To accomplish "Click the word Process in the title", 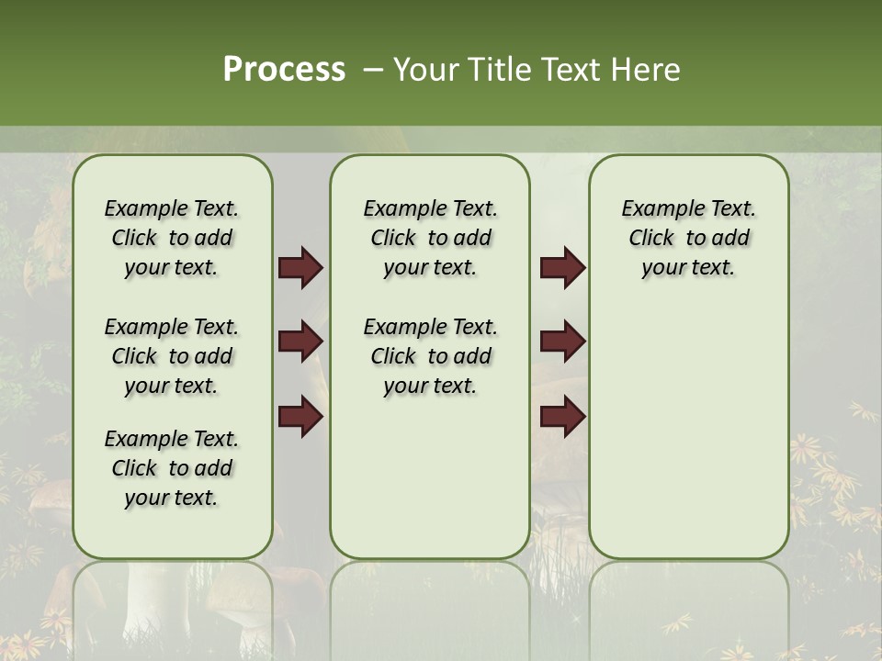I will pos(284,70).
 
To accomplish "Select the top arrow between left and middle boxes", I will pos(300,268).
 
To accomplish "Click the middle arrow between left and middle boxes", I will pos(300,342).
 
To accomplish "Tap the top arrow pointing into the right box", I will pos(562,268).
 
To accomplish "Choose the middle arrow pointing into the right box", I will pos(562,342).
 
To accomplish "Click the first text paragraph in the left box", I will pos(172,238).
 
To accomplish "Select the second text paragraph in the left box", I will pos(172,356).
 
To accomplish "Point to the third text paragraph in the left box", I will pos(172,468).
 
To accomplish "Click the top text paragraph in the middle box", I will pos(430,238).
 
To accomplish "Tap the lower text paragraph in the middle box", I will pos(430,356).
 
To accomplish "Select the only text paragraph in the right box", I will pos(688,238).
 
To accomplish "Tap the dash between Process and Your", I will pos(373,70).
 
